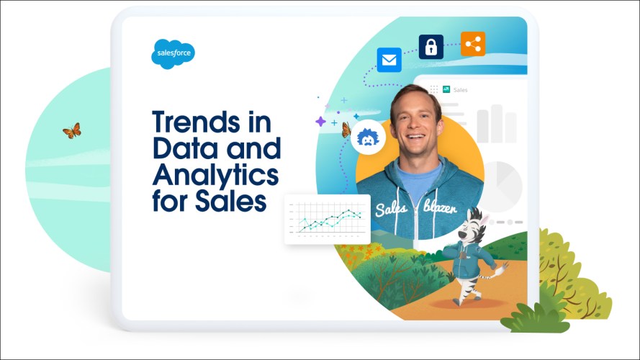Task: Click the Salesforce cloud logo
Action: pos(173,53)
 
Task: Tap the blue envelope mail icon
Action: pos(389,60)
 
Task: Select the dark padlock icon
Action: pos(431,48)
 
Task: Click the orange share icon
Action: pos(472,45)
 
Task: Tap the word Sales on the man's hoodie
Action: pos(392,210)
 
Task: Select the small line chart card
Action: pos(327,218)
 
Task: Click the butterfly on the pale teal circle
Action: pos(71,130)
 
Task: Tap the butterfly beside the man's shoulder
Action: pos(346,130)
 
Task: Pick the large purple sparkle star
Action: pos(320,122)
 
